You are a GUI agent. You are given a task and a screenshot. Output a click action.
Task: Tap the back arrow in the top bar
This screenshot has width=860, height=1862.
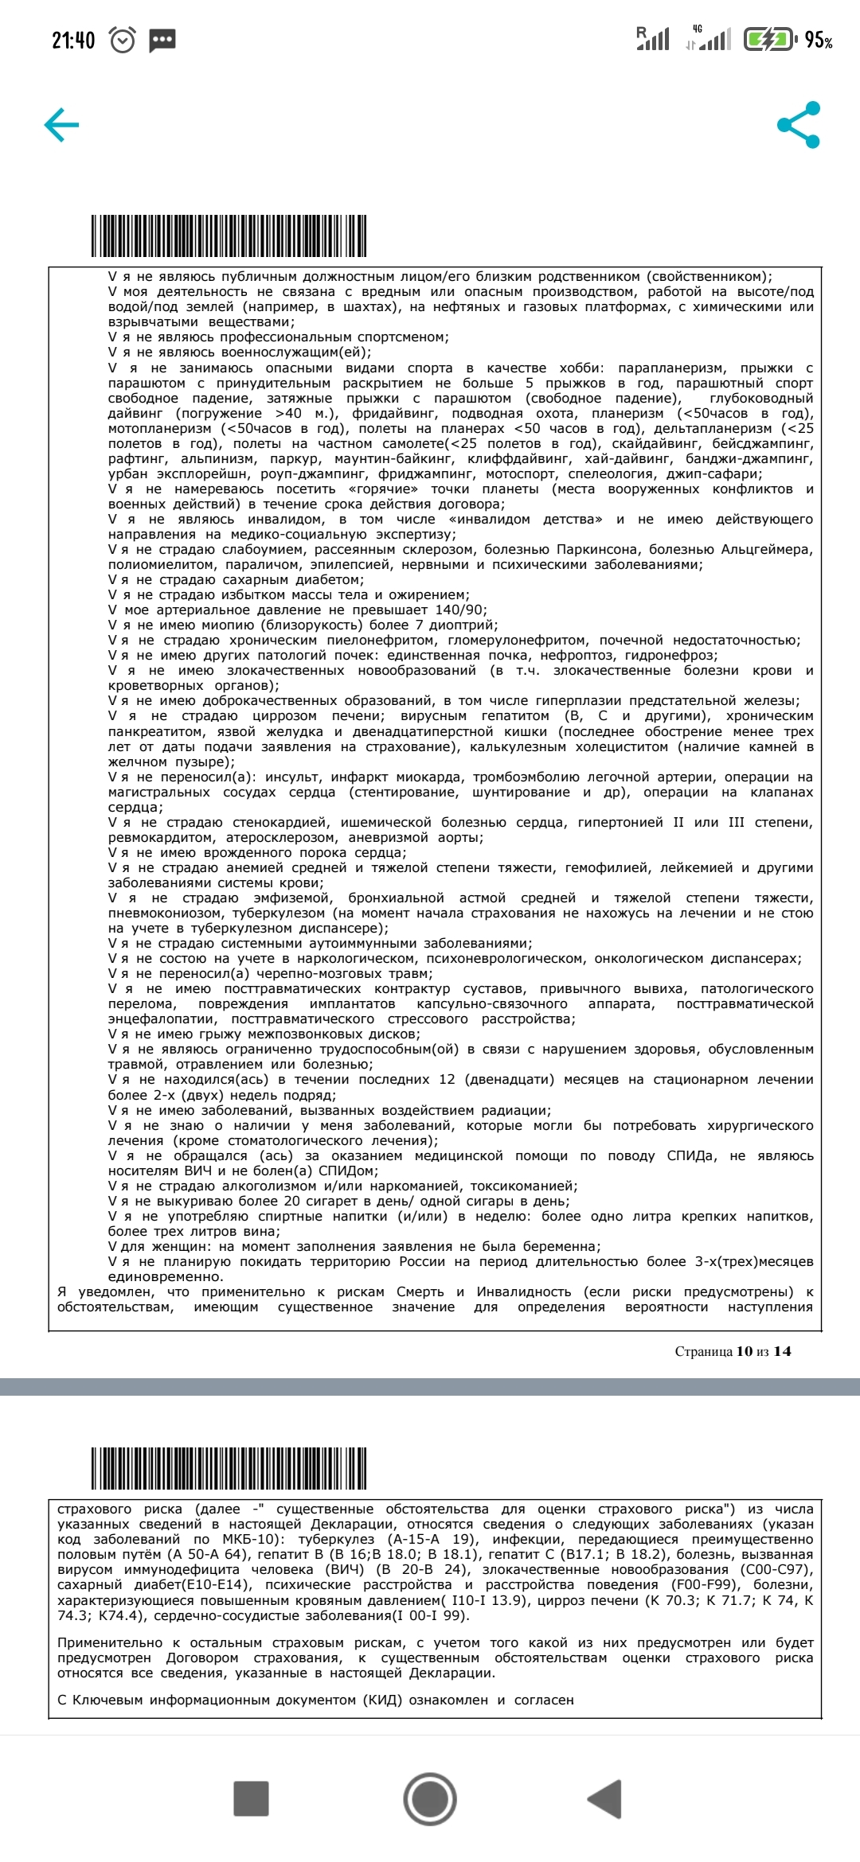pos(61,125)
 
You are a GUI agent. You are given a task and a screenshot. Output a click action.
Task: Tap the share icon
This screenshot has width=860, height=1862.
pos(798,125)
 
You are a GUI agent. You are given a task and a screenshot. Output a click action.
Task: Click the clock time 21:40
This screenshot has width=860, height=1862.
pos(73,40)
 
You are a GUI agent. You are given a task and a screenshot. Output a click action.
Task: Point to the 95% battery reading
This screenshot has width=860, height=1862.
pos(819,40)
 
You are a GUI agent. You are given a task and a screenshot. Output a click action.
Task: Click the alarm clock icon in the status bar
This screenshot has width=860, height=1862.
pos(123,40)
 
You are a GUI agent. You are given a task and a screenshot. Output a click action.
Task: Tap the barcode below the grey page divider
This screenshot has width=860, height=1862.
pos(229,1468)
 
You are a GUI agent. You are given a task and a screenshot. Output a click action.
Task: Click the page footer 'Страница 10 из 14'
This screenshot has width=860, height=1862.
pos(733,1351)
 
